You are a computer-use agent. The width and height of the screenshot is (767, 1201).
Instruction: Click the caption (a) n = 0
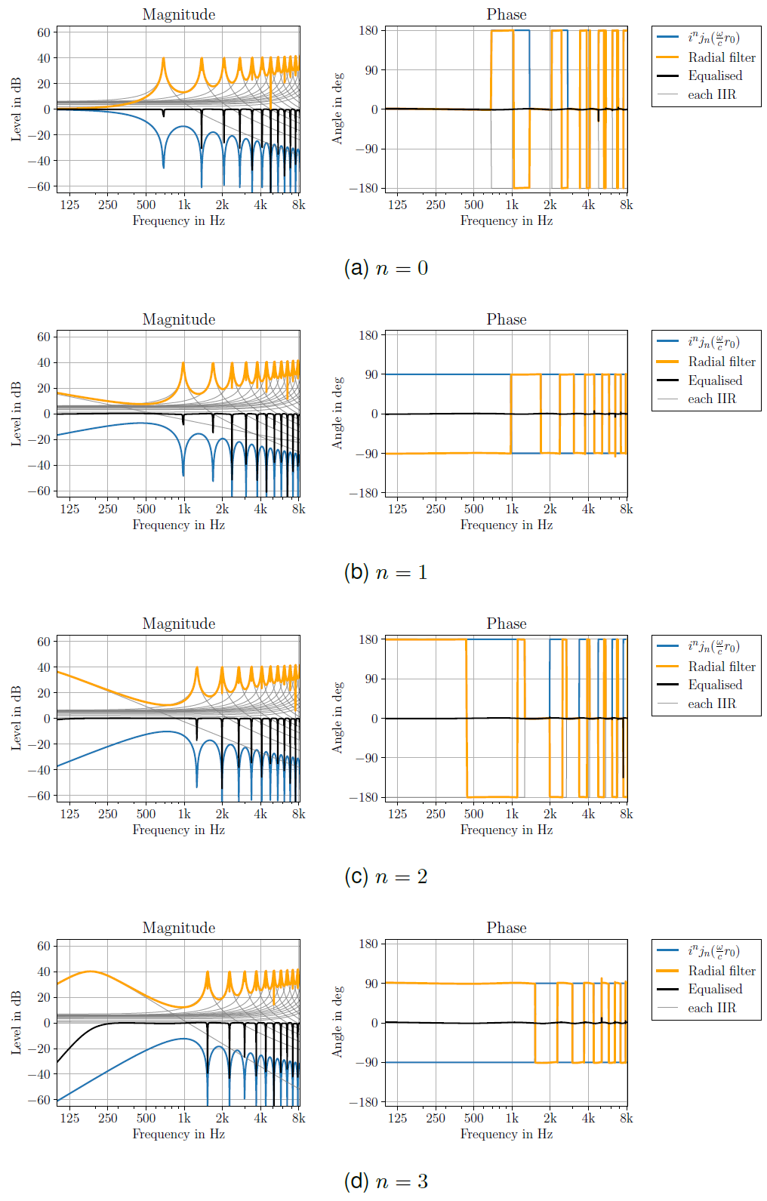[x=386, y=268]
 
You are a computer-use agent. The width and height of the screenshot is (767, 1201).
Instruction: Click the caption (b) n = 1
[x=386, y=572]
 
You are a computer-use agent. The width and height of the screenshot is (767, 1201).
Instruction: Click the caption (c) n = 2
[x=386, y=876]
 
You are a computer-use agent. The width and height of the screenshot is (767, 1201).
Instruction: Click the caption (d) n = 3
[x=386, y=1181]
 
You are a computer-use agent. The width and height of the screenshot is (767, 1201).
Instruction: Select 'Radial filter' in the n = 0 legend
[x=721, y=57]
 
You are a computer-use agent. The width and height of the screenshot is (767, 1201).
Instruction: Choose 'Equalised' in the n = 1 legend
[x=715, y=380]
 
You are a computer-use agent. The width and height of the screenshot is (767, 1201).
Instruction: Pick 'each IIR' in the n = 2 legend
[x=711, y=704]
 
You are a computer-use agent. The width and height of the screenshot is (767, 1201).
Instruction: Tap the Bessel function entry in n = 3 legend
[x=713, y=951]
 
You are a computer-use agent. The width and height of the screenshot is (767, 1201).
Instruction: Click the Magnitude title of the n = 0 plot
[x=179, y=15]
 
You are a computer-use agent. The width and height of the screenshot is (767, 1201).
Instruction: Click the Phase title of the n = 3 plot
[x=507, y=928]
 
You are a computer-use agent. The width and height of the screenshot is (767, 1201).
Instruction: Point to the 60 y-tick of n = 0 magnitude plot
[x=44, y=32]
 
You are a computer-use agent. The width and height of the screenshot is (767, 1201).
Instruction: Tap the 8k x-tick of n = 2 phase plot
[x=627, y=814]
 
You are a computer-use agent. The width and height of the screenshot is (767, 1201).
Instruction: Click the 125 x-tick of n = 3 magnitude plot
[x=69, y=1118]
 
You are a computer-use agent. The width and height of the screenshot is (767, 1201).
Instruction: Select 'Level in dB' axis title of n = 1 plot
[x=17, y=414]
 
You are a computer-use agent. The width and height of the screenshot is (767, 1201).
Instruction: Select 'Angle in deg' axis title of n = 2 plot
[x=337, y=718]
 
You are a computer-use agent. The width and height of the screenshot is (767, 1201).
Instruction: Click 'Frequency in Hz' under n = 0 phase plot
[x=507, y=220]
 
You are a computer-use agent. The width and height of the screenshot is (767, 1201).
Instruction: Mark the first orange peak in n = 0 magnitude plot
[x=163, y=59]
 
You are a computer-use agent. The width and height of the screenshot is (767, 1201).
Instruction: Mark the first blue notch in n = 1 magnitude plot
[x=183, y=474]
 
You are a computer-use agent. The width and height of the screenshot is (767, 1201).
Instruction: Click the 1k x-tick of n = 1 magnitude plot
[x=184, y=509]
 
